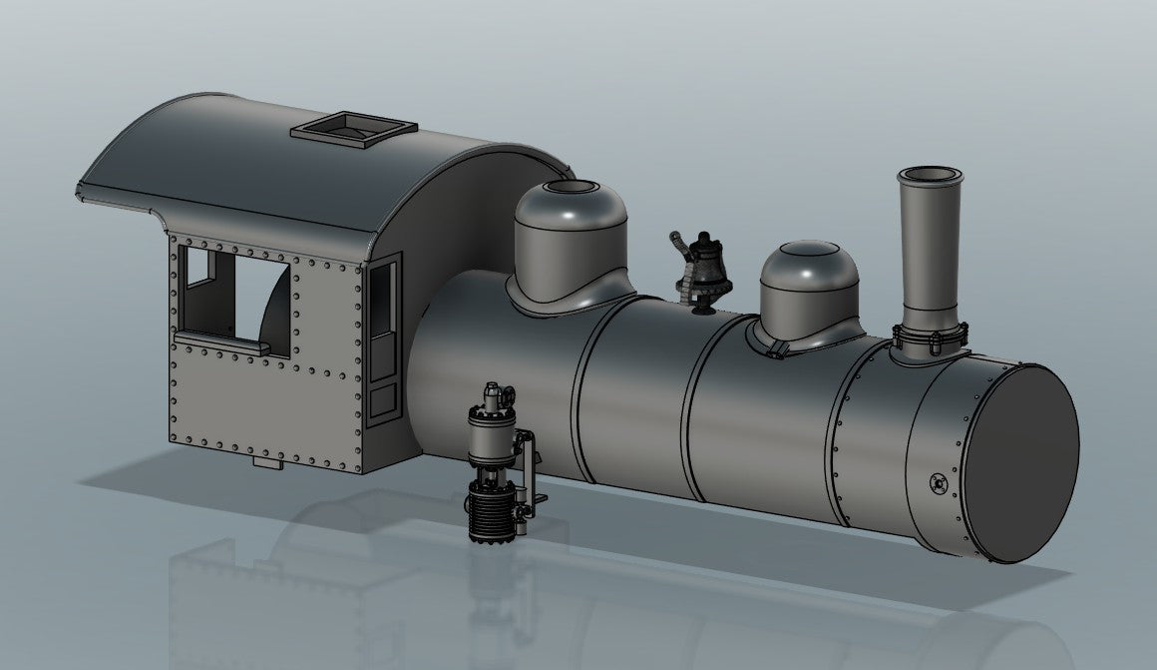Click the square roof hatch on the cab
click(x=353, y=129)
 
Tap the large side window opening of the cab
click(x=237, y=300)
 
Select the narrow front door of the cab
click(x=383, y=339)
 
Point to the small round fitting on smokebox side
click(x=938, y=483)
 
